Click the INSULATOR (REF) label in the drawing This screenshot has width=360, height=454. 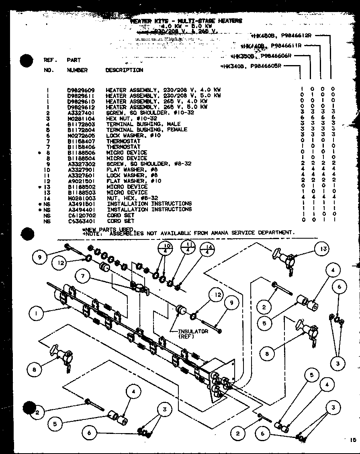click(x=193, y=333)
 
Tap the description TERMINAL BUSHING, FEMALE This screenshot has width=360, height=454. click(x=147, y=130)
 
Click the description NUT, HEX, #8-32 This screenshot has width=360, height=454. click(x=132, y=198)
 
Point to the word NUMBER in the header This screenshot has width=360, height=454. click(x=77, y=70)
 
